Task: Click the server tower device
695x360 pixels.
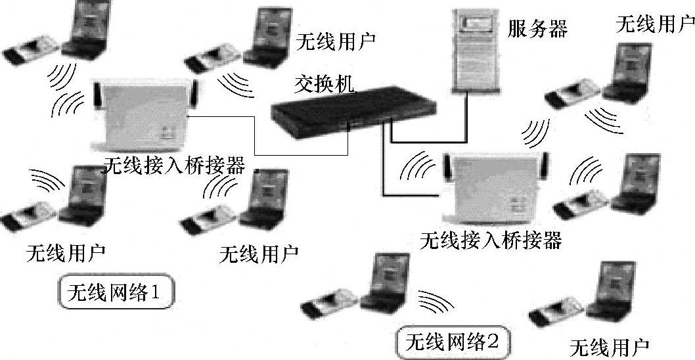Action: (474, 49)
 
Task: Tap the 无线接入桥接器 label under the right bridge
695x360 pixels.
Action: (490, 241)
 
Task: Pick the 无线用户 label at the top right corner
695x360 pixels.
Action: (654, 25)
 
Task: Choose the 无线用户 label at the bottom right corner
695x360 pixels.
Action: (609, 346)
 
